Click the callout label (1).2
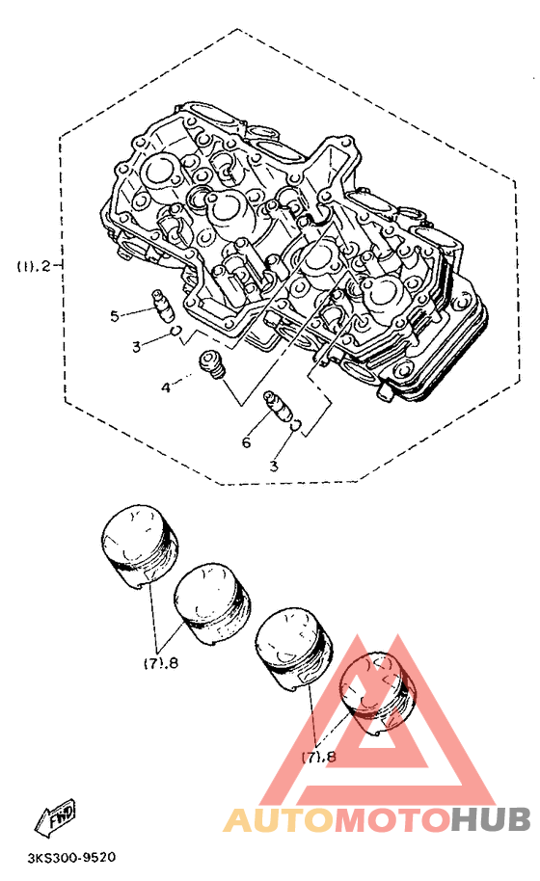click(x=33, y=266)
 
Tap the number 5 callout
click(x=115, y=316)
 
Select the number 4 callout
click(x=166, y=387)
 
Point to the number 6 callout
click(x=246, y=442)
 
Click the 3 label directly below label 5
click(x=136, y=347)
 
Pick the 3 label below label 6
click(x=274, y=466)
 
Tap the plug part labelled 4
click(x=213, y=364)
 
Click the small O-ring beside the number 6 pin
click(x=296, y=426)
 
